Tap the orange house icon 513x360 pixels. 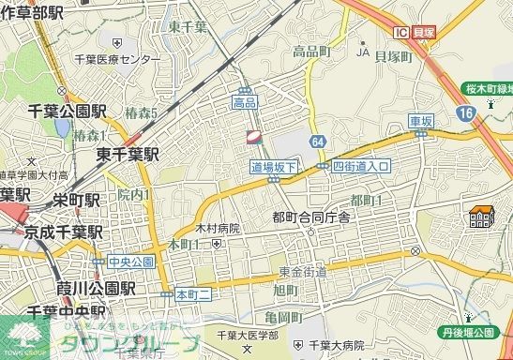pos(482,217)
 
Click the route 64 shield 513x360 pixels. pos(319,141)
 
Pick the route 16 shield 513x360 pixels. pos(465,112)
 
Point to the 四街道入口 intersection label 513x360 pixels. pos(361,166)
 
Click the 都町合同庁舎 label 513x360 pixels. pos(311,217)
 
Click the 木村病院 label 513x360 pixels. pos(218,228)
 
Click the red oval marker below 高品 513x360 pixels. pos(252,138)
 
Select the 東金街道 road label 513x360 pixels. pos(303,271)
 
